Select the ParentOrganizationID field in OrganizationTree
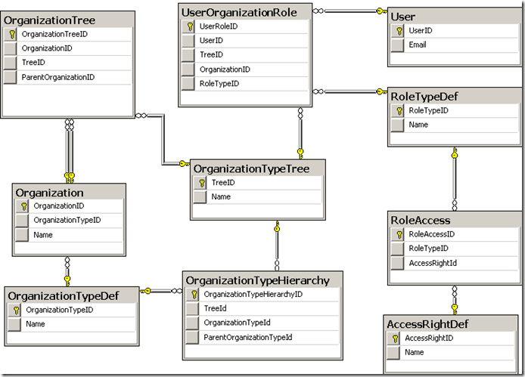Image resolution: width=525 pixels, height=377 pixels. click(x=57, y=77)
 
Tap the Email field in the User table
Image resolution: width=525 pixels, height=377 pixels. click(x=418, y=45)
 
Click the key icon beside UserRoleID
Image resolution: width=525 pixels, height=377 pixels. click(x=189, y=26)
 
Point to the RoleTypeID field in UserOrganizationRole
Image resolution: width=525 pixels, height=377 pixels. click(x=219, y=83)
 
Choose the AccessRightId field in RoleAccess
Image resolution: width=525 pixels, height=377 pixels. click(x=432, y=263)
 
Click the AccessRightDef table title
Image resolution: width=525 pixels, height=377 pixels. click(x=428, y=324)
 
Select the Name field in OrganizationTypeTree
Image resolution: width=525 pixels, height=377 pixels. click(x=221, y=196)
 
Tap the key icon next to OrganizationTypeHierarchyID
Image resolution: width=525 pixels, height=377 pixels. click(x=194, y=294)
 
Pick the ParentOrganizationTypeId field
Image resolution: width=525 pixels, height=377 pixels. click(x=247, y=337)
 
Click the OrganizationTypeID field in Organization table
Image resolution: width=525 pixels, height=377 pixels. click(x=67, y=220)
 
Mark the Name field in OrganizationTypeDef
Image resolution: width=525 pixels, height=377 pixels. click(x=36, y=323)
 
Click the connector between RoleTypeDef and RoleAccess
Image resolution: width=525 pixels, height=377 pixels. click(x=455, y=178)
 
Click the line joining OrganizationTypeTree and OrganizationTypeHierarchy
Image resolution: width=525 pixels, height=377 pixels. click(x=277, y=242)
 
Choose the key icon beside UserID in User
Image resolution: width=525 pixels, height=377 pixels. click(x=398, y=31)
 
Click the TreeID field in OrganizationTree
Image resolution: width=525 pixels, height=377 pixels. click(x=33, y=63)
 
